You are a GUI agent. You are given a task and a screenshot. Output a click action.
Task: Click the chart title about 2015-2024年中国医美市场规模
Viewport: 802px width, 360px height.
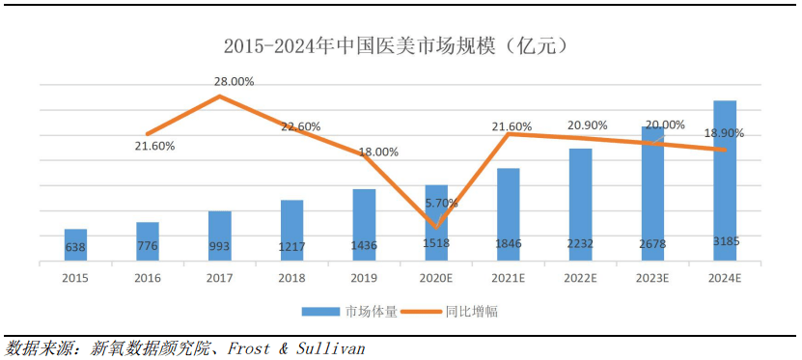coord(397,46)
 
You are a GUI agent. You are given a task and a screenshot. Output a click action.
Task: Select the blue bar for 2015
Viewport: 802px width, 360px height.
coord(75,245)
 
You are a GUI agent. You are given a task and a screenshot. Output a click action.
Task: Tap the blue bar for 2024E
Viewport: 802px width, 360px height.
coord(725,181)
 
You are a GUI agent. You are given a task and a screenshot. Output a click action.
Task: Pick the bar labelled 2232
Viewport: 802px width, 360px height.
coord(581,205)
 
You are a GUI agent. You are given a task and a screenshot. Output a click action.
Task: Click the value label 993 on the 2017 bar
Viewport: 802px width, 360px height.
coord(220,246)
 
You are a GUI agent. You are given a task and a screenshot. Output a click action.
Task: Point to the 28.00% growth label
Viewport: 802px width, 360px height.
coord(234,81)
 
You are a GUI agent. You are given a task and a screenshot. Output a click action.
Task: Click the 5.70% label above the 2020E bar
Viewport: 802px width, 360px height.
coord(442,203)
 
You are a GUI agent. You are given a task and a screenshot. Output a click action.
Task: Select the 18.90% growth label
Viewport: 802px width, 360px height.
coord(724,133)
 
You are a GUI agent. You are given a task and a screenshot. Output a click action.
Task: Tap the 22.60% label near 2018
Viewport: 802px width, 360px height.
coord(301,126)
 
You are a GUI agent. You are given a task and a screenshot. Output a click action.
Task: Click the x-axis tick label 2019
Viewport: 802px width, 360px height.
coord(364,278)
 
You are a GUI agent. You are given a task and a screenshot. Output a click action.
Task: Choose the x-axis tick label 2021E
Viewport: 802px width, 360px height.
coord(508,278)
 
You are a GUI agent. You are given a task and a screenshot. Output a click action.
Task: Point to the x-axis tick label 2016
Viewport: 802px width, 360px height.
coord(148,278)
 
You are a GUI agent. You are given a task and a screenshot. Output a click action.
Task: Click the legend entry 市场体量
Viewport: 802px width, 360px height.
coord(350,312)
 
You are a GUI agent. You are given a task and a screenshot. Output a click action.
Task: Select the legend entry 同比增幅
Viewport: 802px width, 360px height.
coord(449,312)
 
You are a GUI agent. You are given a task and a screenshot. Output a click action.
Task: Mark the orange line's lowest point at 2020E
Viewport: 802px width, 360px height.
coord(436,228)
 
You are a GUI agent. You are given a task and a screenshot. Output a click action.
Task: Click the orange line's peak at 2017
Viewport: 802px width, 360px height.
coord(220,97)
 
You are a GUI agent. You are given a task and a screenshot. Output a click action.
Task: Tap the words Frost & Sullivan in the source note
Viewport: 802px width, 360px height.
coord(296,348)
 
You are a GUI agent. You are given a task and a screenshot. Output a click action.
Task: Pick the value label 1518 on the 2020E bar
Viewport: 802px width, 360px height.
coord(436,243)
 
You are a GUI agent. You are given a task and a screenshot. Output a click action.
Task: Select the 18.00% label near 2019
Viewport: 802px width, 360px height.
coord(378,152)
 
